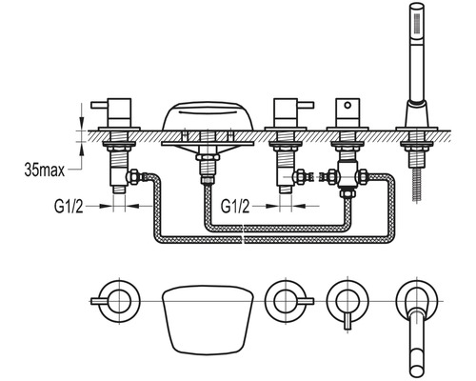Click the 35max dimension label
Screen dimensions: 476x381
pos(44,170)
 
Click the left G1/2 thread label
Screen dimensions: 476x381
pos(69,207)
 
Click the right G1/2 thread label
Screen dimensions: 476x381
pos(235,207)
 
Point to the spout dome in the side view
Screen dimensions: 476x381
pos(208,116)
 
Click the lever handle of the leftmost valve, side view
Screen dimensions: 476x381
pos(100,105)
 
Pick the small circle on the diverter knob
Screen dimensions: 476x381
pos(348,105)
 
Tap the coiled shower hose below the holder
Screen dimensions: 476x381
pos(416,185)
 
